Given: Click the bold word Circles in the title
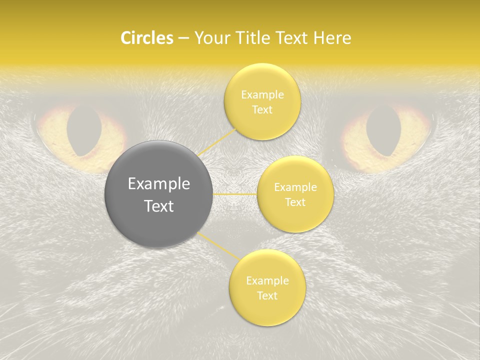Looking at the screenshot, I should (147, 38).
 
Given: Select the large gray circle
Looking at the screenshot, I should (159, 194).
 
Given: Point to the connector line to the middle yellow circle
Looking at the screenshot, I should (235, 194).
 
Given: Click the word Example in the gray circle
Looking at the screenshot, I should (159, 184).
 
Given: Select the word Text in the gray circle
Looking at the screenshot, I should (159, 206).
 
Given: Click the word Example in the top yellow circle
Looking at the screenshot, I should (262, 95).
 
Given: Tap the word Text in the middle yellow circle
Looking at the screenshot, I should (295, 202).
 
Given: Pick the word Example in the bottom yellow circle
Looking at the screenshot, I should (267, 281).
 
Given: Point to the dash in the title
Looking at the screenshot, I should (183, 38).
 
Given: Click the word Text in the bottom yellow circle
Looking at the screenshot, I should (267, 295).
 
